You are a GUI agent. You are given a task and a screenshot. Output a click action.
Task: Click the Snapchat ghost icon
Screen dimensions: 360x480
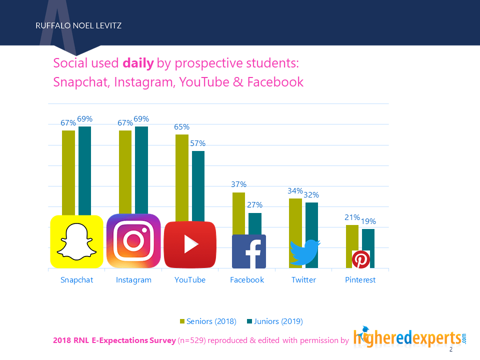tap(76, 241)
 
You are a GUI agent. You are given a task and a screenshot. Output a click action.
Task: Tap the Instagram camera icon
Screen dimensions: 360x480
tap(133, 240)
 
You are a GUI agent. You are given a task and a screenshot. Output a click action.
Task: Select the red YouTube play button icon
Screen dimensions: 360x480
tap(190, 244)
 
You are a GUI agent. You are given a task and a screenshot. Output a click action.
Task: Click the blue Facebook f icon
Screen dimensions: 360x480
tap(249, 251)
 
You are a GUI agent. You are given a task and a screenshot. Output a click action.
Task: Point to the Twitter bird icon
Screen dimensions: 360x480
tap(304, 251)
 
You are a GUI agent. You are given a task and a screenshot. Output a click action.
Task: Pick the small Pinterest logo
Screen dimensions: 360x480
tap(360, 259)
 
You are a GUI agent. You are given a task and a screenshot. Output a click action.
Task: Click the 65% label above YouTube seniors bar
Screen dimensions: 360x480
tap(181, 127)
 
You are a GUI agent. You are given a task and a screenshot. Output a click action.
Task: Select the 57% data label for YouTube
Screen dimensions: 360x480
tap(198, 143)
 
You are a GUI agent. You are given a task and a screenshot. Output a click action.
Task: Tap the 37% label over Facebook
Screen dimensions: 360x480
tap(238, 184)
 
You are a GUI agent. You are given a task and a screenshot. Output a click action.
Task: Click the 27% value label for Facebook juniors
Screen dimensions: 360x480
tap(255, 205)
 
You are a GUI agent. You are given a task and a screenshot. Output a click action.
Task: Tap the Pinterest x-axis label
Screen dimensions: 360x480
tap(360, 280)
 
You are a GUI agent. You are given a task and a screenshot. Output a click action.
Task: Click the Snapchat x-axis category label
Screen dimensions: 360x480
tap(76, 280)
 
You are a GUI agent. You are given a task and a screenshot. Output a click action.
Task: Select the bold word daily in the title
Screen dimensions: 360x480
tap(138, 63)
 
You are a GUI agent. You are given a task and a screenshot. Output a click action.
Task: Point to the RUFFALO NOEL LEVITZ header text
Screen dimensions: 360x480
tap(78, 25)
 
